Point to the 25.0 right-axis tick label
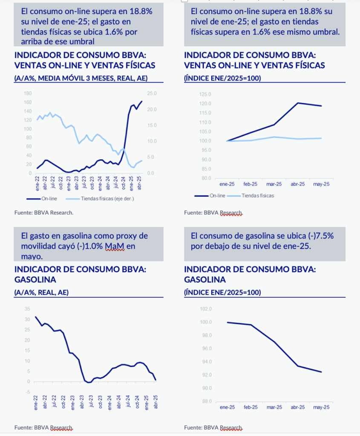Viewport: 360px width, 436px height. tap(152, 93)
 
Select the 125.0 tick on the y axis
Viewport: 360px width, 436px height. tap(205, 94)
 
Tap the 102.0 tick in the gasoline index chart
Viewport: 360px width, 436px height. tap(206, 309)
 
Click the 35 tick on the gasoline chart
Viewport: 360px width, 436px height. tap(27, 309)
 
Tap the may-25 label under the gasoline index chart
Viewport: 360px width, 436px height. tap(321, 407)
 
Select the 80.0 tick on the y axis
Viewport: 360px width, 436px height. tap(205, 178)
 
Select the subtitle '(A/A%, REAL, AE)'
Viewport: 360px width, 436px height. tap(41, 293)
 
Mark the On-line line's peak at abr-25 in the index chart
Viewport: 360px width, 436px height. tap(298, 103)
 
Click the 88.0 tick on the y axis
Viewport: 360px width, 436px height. tap(206, 401)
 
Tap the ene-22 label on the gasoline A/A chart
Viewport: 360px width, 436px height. tap(36, 402)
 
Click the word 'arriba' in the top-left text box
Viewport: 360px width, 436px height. tap(32, 41)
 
